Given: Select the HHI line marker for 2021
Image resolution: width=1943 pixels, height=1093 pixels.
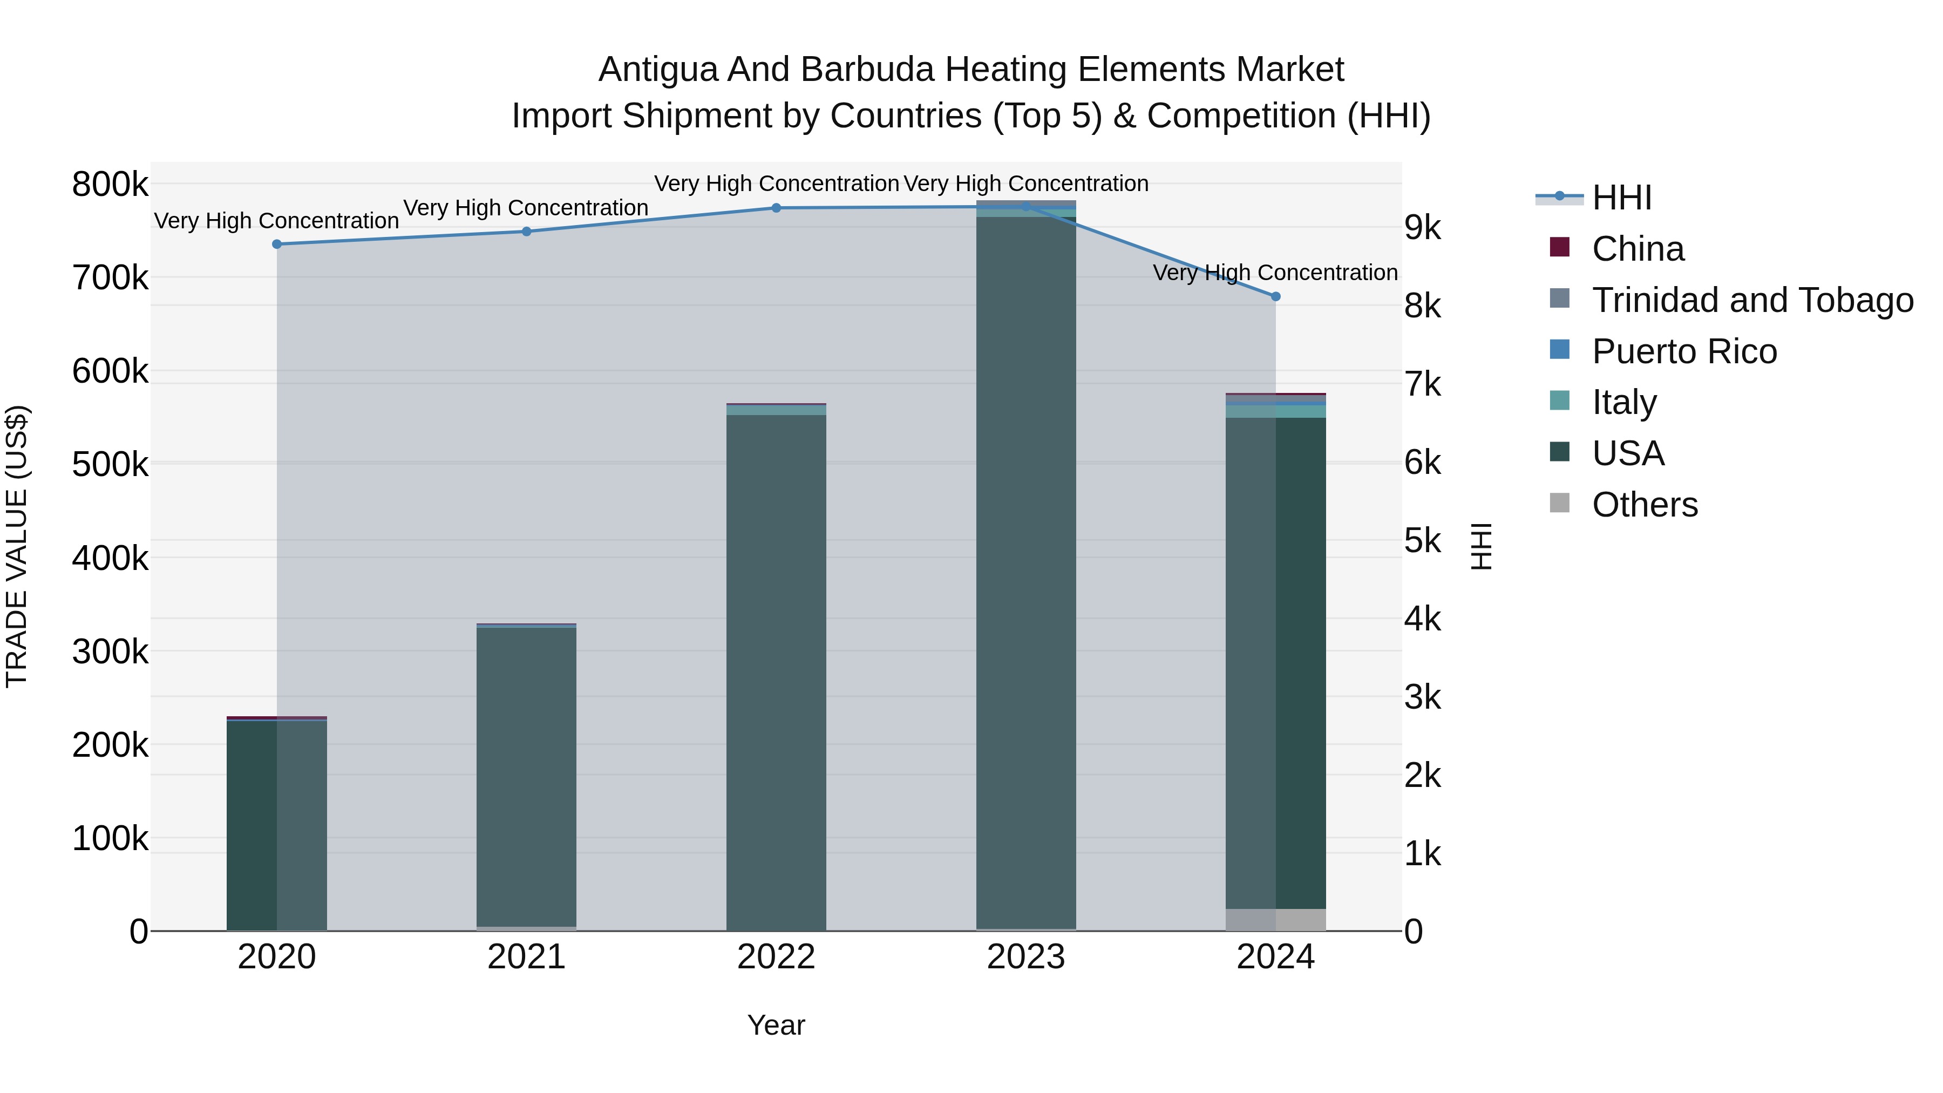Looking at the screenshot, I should [526, 232].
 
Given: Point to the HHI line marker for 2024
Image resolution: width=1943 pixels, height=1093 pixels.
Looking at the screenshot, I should [1275, 296].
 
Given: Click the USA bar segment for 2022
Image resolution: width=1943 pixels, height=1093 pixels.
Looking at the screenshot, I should [776, 671].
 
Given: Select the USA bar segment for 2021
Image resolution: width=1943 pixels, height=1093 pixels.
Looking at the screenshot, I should [526, 777].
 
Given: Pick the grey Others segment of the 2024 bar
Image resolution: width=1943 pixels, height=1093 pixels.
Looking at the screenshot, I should [1275, 920].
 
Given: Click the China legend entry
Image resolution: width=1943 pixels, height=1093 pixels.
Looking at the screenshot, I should [1637, 249].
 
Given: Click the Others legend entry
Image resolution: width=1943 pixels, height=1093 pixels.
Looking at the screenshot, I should [1645, 505].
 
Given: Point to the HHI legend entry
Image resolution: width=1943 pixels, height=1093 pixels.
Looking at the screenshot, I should [1622, 198].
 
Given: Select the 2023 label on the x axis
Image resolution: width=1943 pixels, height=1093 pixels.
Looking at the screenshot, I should [1026, 957].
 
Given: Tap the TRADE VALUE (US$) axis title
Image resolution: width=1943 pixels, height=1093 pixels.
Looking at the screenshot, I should [17, 546].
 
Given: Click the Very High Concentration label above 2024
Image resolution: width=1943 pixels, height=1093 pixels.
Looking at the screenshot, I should [1275, 273].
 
